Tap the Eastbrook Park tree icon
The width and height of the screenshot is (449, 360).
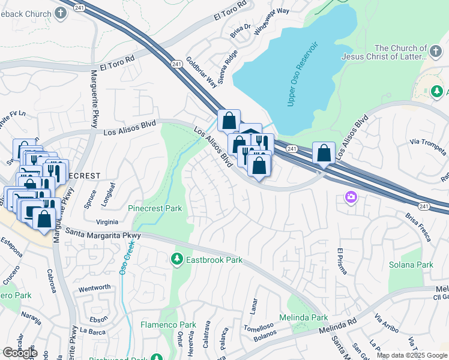coord(176,260)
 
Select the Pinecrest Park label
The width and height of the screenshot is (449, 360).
coord(155,208)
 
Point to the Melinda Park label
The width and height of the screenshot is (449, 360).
coord(304,317)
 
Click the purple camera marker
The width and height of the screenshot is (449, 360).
coord(351,197)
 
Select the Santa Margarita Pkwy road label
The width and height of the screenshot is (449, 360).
coord(103,233)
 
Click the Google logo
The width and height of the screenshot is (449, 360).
coord(20,353)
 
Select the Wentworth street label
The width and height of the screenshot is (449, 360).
coord(94,288)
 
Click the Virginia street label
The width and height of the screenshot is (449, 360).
coord(106,221)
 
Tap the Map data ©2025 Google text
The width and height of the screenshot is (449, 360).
coord(412,355)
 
